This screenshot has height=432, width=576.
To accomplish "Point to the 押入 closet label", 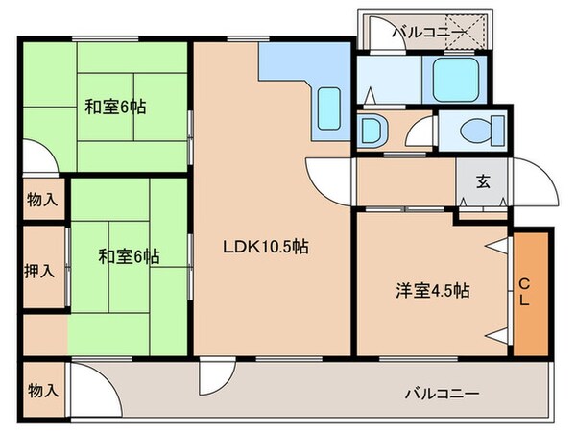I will [40, 269].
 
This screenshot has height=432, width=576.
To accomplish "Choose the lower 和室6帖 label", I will [128, 256].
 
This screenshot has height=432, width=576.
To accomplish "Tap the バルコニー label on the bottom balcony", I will [441, 393].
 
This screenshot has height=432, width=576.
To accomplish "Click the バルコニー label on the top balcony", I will [429, 33].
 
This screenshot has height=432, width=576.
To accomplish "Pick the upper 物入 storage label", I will [41, 200].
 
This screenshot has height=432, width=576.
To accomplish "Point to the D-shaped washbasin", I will [371, 130].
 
